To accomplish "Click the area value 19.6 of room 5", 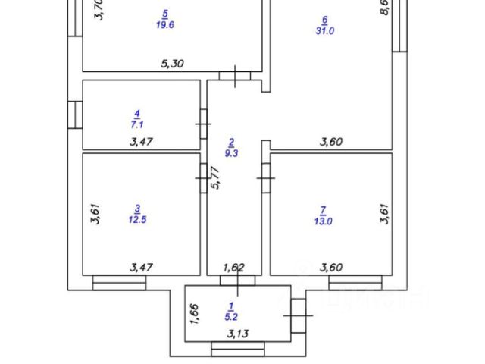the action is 164,24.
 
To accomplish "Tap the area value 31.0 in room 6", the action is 324,30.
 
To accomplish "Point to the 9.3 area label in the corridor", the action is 232,152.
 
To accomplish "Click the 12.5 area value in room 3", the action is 137,220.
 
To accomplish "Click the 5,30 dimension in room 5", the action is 173,65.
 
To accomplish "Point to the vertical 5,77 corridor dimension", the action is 215,178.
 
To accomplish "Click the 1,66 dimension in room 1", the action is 194,313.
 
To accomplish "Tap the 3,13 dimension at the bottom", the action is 237,333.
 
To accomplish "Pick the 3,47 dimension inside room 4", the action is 142,140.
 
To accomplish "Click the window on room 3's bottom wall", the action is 119,283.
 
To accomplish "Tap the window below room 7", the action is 355,283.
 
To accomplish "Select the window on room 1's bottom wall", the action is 237,349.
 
